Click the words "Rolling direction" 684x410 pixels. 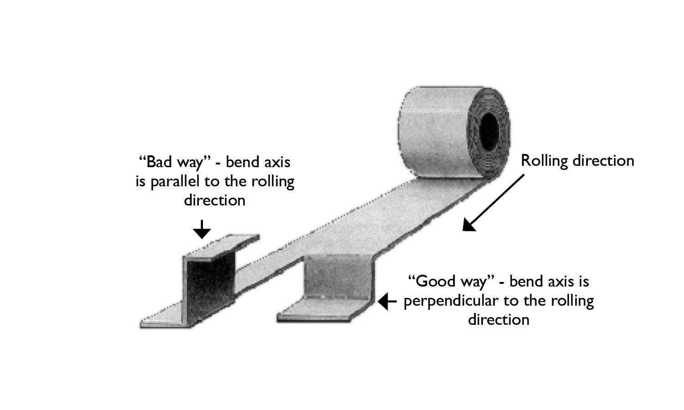coord(577,161)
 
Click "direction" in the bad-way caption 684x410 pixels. coord(215,200)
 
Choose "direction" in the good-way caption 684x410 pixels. coord(499,319)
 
